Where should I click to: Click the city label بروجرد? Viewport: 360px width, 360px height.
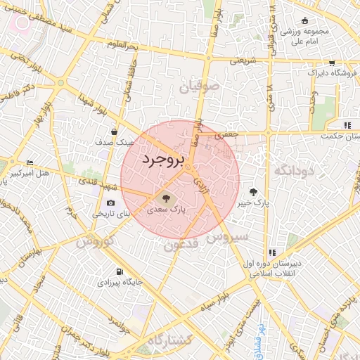pos(162,160)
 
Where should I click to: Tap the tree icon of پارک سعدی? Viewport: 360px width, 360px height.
pos(165,198)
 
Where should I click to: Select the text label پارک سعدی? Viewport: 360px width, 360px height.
pos(167,210)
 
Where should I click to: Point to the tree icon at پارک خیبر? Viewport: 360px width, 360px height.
pos(253,192)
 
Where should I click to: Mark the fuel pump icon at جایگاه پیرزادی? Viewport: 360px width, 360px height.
pos(119,271)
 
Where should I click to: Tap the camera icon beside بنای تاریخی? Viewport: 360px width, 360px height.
pos(110,203)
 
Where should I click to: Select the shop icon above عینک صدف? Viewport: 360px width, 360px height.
pos(114,131)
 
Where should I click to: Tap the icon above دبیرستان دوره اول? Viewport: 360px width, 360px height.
pos(271,253)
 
